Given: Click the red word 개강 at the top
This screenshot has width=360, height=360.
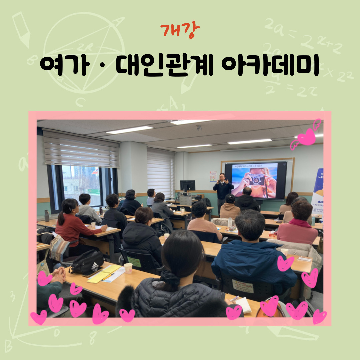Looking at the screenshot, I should click(180, 31).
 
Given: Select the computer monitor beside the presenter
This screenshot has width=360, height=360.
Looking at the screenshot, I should click(187, 186).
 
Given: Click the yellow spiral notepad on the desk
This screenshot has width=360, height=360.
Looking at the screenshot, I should click(104, 273).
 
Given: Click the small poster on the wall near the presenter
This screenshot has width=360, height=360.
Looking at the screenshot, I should click(213, 176).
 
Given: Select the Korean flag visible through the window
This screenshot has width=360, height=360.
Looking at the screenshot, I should click(96, 171).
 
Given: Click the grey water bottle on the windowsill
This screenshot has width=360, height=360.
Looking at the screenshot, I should click(47, 216).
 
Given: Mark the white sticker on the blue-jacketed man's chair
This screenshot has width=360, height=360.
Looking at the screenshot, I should click(243, 286).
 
